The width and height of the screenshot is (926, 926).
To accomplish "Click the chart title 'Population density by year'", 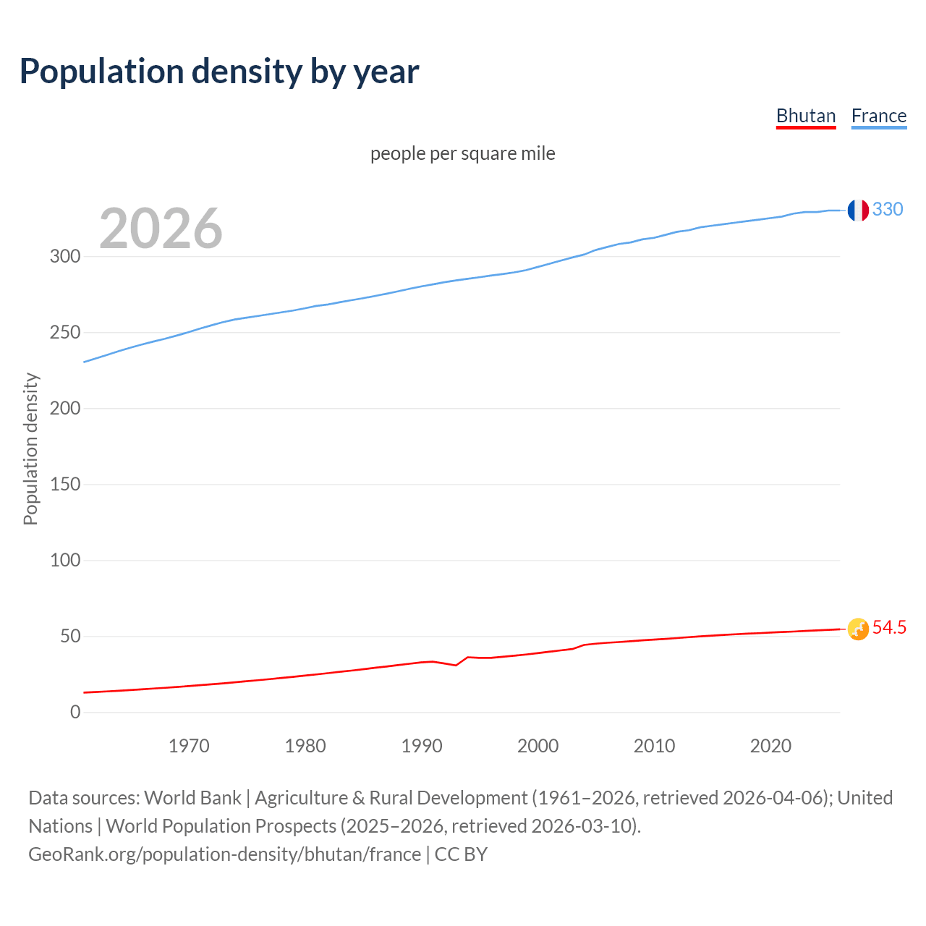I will [x=219, y=72].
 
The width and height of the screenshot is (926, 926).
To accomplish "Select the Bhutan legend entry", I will [x=805, y=116].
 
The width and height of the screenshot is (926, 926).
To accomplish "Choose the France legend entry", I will [x=878, y=116].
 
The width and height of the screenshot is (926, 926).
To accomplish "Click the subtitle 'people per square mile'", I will [x=462, y=154].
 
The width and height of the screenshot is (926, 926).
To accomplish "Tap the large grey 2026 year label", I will [x=161, y=229].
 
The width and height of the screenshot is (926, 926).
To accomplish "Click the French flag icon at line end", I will [x=857, y=211].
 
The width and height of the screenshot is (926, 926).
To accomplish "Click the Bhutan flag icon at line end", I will [x=857, y=629].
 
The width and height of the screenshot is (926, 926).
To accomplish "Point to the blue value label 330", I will [x=887, y=210].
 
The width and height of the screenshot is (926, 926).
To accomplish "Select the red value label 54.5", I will [x=888, y=628].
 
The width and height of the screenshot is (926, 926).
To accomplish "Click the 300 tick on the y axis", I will [x=65, y=257].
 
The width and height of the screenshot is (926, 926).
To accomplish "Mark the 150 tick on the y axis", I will [x=65, y=484].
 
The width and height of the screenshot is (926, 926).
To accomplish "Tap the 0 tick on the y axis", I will [x=75, y=712].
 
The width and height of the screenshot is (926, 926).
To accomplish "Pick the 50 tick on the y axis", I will [x=70, y=637].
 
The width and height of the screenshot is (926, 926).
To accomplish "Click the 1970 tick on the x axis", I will [x=189, y=746].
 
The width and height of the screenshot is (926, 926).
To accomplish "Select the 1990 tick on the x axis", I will [x=422, y=746].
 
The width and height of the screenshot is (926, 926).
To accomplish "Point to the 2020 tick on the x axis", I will [x=770, y=746].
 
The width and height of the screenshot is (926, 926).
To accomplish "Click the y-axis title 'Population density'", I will [x=30, y=449].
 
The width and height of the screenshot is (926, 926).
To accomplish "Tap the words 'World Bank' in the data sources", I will [x=192, y=798].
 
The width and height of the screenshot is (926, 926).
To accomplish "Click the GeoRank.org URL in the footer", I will [x=224, y=854].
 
